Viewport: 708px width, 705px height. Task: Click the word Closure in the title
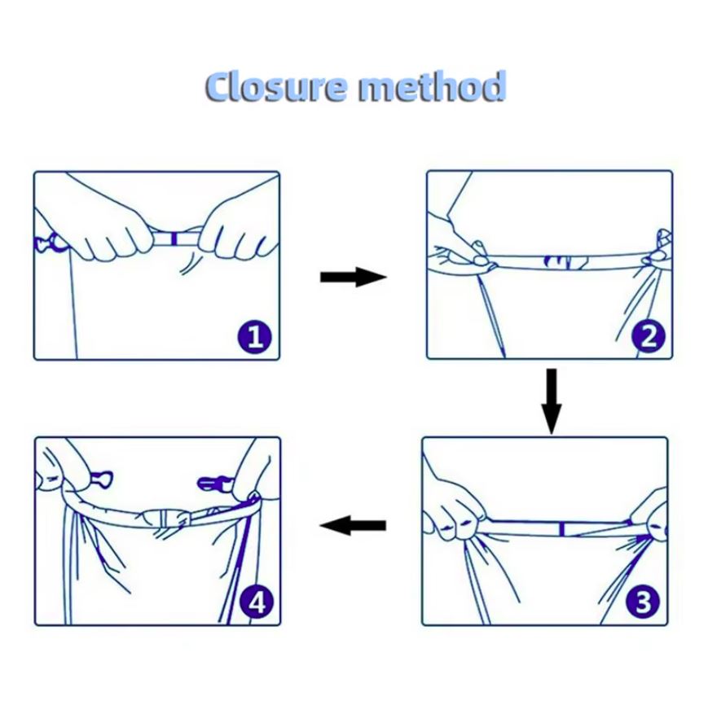[x=276, y=86]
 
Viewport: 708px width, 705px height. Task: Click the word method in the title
[x=432, y=85]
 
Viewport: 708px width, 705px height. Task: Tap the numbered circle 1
[x=255, y=336]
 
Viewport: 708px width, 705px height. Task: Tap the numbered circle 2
[x=649, y=336]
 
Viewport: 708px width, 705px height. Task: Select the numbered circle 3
[x=644, y=601]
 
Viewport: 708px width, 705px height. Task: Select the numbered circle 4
[x=257, y=602]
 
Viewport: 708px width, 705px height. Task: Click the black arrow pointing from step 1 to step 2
[x=354, y=277]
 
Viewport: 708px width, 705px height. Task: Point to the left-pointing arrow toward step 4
[x=353, y=525]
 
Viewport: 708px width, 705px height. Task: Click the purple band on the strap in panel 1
[x=174, y=239]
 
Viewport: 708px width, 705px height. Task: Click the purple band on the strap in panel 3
[x=561, y=528]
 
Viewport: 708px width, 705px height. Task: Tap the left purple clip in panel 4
[x=102, y=478]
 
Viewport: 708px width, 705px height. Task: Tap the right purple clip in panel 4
[x=215, y=484]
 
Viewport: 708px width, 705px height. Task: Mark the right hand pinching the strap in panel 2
[x=657, y=252]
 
